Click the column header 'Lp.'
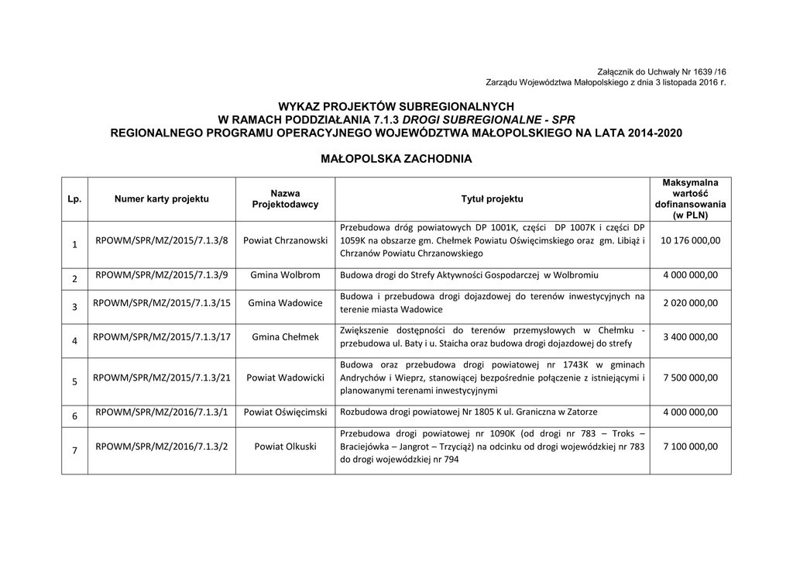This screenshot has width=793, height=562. (74, 199)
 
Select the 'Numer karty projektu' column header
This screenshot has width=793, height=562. (162, 199)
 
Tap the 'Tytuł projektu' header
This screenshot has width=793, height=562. (492, 199)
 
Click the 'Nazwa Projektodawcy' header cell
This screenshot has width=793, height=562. (285, 198)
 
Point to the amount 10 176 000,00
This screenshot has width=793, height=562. (690, 240)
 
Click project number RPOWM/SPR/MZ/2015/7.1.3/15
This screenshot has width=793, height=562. (162, 303)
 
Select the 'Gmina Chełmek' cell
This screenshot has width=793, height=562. (285, 337)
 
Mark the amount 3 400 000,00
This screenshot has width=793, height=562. (690, 337)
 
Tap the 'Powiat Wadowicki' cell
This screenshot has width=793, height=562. (285, 378)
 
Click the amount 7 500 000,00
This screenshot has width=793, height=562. (690, 378)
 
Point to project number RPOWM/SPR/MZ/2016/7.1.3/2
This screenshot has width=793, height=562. (162, 446)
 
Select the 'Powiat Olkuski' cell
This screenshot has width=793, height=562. (285, 446)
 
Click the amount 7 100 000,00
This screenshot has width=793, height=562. (690, 446)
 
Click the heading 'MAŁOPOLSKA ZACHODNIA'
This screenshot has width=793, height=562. (396, 159)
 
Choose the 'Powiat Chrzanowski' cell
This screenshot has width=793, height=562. (285, 240)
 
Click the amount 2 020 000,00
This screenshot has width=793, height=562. (690, 303)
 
